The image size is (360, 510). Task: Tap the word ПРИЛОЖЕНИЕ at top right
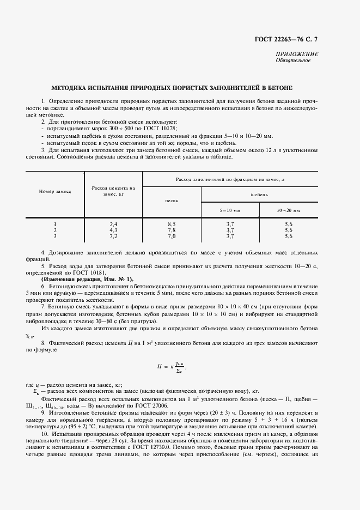click(297, 54)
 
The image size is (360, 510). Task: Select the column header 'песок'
click(172, 201)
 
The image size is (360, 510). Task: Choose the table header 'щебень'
click(259, 194)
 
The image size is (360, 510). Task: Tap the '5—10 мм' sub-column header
click(230, 209)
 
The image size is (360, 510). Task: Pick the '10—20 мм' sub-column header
click(288, 209)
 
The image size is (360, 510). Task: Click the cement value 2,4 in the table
click(114, 224)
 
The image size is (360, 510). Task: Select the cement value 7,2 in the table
click(114, 236)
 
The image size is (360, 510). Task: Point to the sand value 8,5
click(172, 224)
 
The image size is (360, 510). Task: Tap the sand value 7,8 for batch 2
click(172, 230)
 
